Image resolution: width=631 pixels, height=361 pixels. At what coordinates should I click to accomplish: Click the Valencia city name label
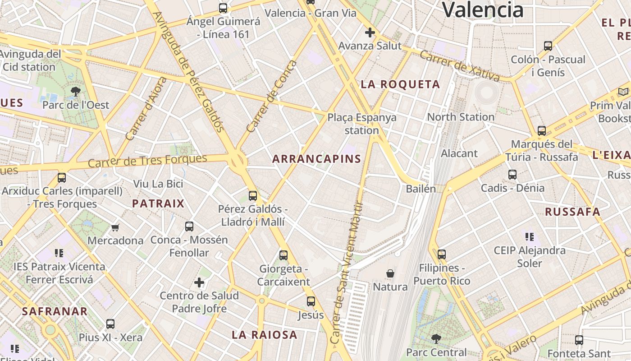click(x=482, y=10)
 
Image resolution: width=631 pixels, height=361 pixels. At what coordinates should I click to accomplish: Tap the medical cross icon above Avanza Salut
click(x=370, y=32)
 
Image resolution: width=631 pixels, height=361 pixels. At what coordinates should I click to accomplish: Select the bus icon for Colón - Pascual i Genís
click(x=548, y=46)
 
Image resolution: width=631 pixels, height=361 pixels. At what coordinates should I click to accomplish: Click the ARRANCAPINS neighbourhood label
click(x=317, y=159)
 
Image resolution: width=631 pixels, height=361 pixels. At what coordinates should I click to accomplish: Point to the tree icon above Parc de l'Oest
click(x=76, y=92)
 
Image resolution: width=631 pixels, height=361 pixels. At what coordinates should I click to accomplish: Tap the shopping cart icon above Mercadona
click(x=115, y=227)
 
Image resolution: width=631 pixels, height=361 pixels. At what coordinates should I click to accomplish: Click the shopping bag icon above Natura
click(x=390, y=273)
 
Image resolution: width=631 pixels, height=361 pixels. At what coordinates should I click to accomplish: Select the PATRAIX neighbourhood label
click(x=158, y=204)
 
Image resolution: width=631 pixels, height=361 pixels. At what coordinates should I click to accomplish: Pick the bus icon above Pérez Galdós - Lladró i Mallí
click(x=253, y=196)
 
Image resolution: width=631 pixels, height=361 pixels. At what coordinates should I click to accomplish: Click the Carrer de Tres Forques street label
click(x=147, y=161)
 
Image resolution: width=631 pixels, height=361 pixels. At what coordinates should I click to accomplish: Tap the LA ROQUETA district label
click(x=400, y=84)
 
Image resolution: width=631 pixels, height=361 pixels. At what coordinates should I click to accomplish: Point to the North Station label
click(x=461, y=117)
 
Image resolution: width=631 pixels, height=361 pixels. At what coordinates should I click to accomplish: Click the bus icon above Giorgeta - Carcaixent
click(x=283, y=255)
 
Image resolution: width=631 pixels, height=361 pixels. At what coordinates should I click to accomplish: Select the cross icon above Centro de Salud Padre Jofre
click(x=199, y=283)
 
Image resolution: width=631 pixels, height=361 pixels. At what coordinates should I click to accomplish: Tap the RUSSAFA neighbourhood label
click(x=572, y=212)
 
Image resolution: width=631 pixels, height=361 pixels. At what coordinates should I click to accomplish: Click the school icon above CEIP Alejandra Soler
click(x=530, y=236)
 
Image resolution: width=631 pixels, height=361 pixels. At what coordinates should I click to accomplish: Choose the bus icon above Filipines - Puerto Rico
click(x=442, y=255)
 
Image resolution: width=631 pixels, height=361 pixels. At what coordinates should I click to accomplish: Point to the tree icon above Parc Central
click(x=436, y=338)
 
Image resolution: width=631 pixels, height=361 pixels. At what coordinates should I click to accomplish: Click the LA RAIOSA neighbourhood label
click(x=265, y=335)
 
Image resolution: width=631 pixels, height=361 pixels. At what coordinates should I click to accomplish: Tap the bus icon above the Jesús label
click(x=311, y=301)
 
